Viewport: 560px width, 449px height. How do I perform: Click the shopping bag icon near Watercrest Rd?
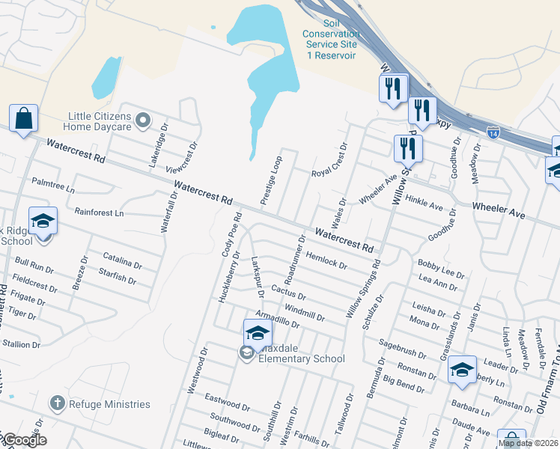click(23, 118)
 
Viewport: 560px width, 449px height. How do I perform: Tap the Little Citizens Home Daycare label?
click(100, 121)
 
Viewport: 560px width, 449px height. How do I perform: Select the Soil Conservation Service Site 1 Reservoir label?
click(329, 40)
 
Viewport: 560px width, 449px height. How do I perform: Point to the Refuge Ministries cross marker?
click(57, 403)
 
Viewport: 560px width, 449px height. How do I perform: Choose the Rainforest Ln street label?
click(99, 213)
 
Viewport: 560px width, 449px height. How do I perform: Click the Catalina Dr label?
click(122, 260)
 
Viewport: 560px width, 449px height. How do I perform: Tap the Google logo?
click(25, 439)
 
